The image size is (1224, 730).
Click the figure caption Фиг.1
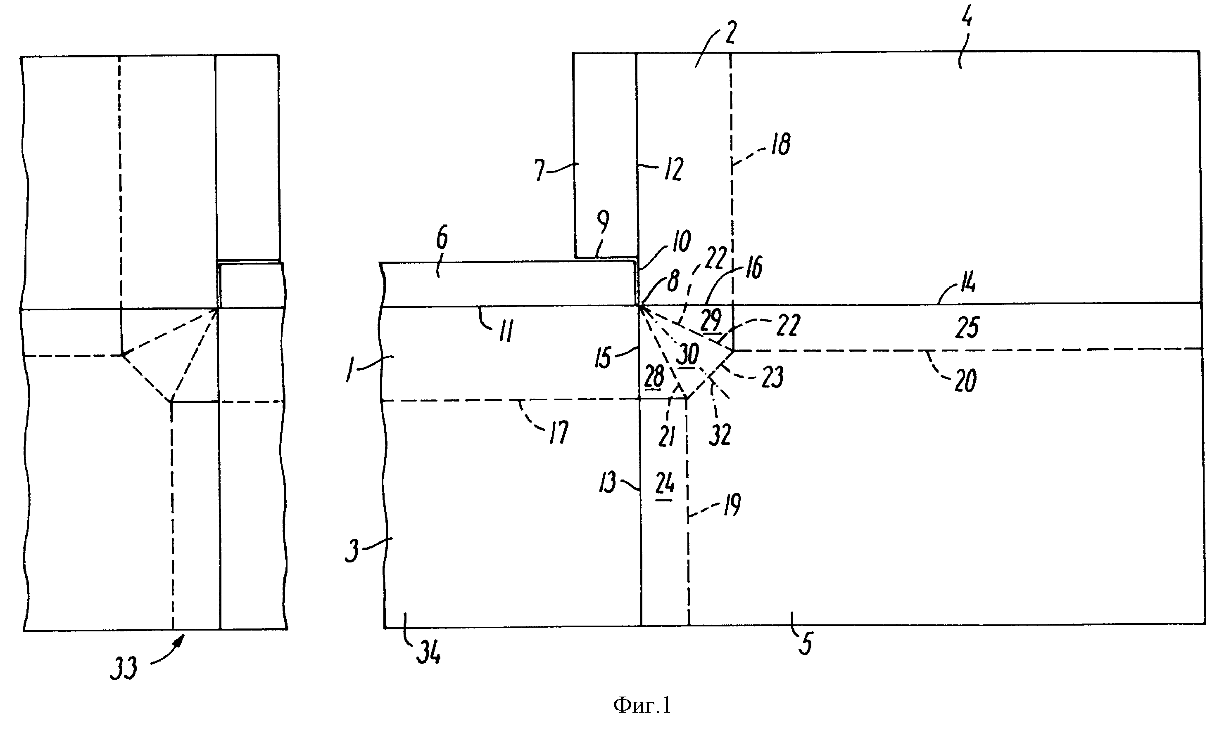tap(642, 705)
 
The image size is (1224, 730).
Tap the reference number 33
tap(123, 669)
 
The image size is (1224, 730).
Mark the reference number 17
tap(559, 432)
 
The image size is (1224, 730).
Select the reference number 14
tap(967, 284)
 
